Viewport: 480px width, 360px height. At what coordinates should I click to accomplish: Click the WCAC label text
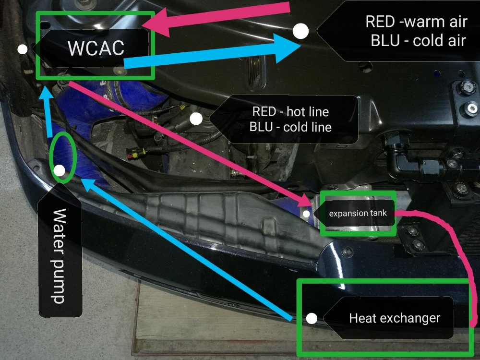[96, 48]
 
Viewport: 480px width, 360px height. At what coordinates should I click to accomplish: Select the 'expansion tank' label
[358, 214]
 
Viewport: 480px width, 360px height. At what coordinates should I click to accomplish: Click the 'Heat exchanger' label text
[395, 318]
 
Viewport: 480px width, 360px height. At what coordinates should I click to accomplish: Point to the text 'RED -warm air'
[416, 22]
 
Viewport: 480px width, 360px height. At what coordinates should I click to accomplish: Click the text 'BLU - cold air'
[418, 41]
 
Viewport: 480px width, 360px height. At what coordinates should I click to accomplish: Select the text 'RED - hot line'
[290, 112]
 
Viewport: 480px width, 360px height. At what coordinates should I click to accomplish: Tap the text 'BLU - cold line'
[290, 127]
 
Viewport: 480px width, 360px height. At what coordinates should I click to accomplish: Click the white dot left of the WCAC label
[23, 49]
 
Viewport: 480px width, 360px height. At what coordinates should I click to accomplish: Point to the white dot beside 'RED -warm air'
[300, 31]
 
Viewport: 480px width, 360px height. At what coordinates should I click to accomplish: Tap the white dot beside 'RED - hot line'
[196, 119]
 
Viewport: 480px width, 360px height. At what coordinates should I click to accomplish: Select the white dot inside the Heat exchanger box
[312, 318]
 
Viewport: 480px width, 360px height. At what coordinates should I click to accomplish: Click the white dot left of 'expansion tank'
[306, 214]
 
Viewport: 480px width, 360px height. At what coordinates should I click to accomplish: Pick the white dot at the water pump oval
[60, 171]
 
